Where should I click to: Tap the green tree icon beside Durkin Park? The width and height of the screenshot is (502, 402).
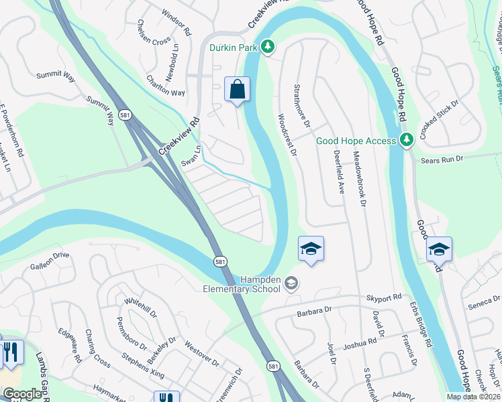268,46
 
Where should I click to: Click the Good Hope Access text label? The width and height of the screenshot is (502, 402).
356,141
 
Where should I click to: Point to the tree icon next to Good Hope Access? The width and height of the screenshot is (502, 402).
406,140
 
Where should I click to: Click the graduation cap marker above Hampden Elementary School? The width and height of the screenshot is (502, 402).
311,249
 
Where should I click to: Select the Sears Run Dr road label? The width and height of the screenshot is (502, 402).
442,159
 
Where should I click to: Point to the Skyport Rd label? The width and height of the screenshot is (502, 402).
383,297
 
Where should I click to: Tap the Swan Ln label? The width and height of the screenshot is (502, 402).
191,157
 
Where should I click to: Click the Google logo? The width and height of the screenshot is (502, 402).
22,394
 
